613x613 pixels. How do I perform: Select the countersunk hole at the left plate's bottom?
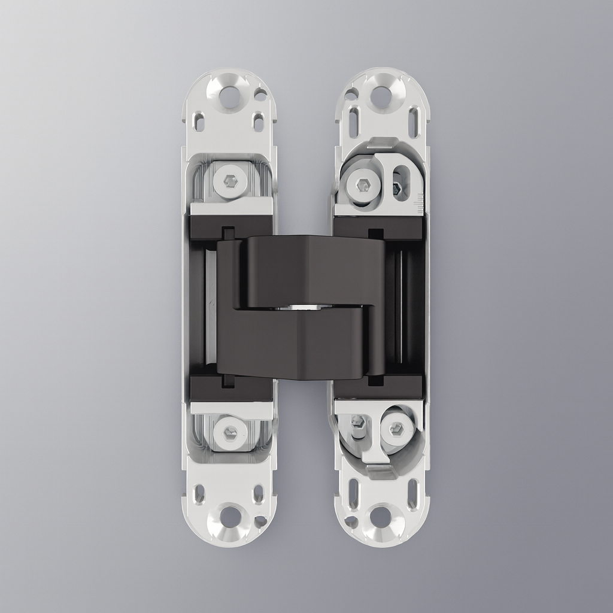[230, 516]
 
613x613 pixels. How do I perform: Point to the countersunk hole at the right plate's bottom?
[381, 516]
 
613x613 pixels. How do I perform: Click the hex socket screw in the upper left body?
[230, 180]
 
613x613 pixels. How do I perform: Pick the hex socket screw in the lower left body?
[230, 432]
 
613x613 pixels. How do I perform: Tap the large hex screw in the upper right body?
[363, 185]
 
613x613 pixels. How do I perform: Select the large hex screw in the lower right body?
[396, 428]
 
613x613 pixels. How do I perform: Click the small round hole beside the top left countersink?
[260, 94]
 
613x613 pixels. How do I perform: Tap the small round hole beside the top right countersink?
[351, 94]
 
